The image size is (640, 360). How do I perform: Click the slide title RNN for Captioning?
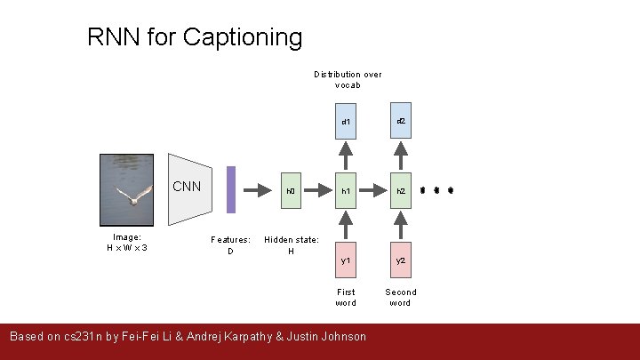[x=195, y=37]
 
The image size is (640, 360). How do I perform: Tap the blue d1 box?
[x=346, y=121]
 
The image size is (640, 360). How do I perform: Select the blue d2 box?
[x=401, y=120]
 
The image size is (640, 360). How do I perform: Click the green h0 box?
[x=291, y=190]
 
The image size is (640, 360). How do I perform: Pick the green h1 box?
[x=346, y=190]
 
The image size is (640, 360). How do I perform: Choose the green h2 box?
[x=401, y=190]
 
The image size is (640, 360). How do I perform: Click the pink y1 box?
[x=346, y=260]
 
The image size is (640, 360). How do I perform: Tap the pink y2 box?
[x=401, y=260]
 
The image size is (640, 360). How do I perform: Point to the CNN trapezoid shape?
[x=190, y=189]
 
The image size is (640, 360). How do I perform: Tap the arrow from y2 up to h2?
[x=401, y=225]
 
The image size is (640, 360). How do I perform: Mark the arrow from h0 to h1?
[x=317, y=190]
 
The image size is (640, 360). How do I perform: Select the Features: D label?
[x=230, y=245]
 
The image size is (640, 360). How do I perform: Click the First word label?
[x=346, y=297]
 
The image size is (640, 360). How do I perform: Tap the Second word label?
[x=400, y=297]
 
